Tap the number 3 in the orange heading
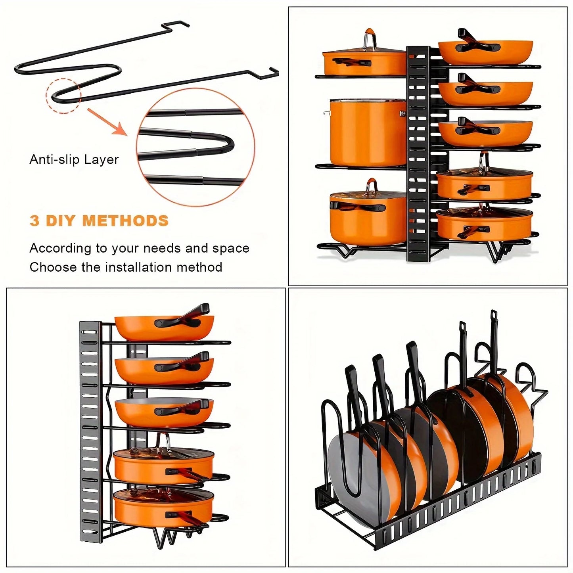point(34,221)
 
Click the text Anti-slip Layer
point(74,159)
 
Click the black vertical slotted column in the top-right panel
point(418,155)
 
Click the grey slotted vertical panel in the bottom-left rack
point(90,428)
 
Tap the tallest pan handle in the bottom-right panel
point(494,341)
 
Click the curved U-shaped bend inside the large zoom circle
point(226,145)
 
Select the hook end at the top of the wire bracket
point(176,25)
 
